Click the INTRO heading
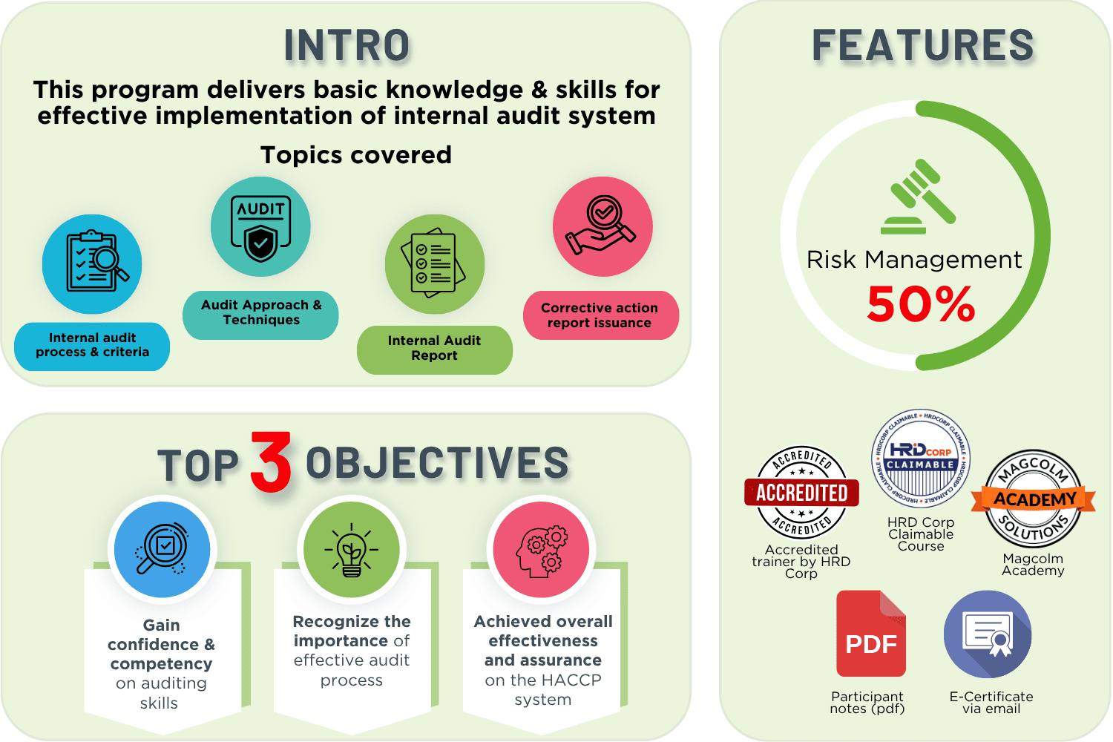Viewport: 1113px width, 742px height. (x=347, y=45)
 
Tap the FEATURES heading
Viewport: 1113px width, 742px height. (x=923, y=45)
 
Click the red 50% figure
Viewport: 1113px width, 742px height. (x=921, y=303)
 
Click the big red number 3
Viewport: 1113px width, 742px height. (x=271, y=462)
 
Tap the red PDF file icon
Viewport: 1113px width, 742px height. (x=871, y=633)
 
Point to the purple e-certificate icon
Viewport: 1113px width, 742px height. (x=988, y=634)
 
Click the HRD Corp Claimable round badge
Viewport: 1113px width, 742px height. (x=921, y=459)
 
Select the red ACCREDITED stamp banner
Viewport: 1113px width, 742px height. (x=801, y=493)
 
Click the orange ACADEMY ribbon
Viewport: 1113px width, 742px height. (x=1034, y=499)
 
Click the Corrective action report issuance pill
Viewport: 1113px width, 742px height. (x=601, y=315)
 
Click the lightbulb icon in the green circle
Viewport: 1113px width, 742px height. (x=351, y=550)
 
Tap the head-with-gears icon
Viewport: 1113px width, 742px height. (x=542, y=551)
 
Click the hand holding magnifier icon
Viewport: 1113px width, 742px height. (x=601, y=225)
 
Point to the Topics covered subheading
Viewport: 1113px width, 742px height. (x=356, y=155)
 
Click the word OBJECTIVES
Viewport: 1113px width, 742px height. (x=437, y=463)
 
